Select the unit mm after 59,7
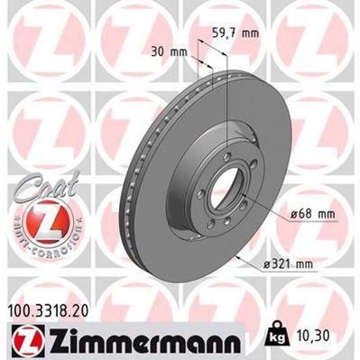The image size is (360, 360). click(250, 32)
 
